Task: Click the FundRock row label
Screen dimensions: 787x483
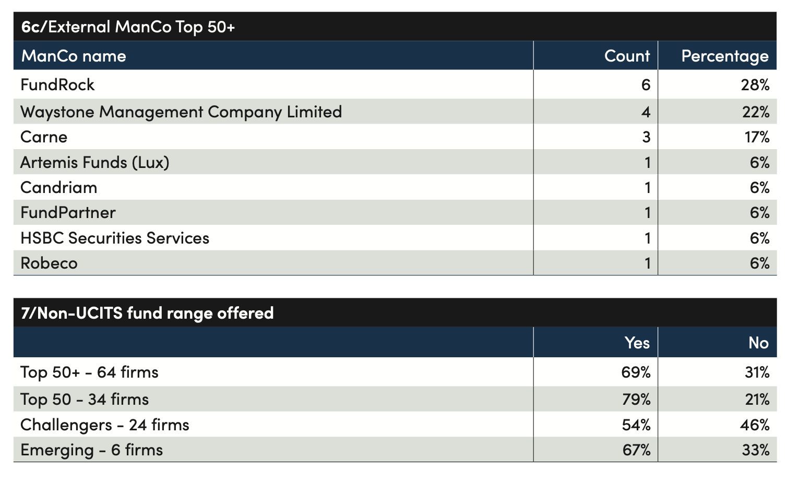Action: click(x=57, y=84)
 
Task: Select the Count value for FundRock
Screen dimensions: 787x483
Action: click(x=646, y=84)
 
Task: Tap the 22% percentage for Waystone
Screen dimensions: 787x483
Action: click(x=756, y=112)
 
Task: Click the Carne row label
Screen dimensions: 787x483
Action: click(x=44, y=137)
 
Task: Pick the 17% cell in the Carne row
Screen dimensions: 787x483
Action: click(x=757, y=137)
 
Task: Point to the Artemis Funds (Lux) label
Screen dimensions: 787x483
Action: click(x=95, y=163)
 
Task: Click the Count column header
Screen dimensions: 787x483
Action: click(x=627, y=56)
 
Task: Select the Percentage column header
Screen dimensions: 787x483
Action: click(x=725, y=56)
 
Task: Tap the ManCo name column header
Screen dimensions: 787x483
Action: click(x=74, y=56)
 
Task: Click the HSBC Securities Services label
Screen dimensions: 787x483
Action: click(x=115, y=238)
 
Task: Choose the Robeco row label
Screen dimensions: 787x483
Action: click(x=49, y=263)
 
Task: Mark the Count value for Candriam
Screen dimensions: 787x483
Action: click(x=648, y=188)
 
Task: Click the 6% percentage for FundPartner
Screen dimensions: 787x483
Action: click(x=759, y=213)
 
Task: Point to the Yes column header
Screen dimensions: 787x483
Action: click(x=637, y=343)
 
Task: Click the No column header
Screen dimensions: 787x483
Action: click(x=759, y=343)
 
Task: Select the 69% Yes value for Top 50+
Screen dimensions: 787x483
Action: click(x=636, y=372)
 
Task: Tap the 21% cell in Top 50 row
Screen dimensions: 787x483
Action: click(x=757, y=400)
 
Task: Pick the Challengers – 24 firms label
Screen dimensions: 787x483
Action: click(x=105, y=425)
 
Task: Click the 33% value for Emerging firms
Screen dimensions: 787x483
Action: click(x=756, y=450)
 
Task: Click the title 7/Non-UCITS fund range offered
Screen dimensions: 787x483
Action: click(x=147, y=313)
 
